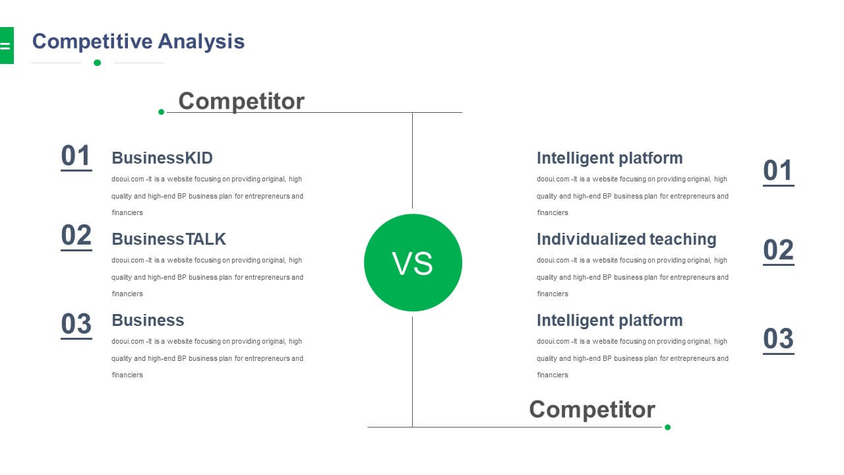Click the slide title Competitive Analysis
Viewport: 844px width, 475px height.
(x=138, y=42)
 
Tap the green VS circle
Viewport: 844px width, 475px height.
(x=413, y=263)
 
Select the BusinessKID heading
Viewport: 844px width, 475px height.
(x=162, y=158)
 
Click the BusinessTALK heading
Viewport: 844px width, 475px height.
(x=169, y=239)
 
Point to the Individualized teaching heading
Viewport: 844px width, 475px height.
(x=626, y=239)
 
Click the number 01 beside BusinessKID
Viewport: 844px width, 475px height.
(x=76, y=156)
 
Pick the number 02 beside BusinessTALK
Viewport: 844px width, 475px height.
(x=76, y=236)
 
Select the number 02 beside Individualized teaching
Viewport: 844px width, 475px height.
(x=779, y=250)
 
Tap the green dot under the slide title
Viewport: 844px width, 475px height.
(x=97, y=63)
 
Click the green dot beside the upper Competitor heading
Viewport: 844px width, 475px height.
(x=162, y=112)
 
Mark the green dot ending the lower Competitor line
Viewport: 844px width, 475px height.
(x=668, y=427)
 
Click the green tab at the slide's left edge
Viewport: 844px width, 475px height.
(x=7, y=46)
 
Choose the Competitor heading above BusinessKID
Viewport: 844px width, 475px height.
(x=241, y=101)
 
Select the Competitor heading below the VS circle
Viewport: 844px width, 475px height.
(x=592, y=410)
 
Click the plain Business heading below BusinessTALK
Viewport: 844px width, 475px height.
(x=148, y=320)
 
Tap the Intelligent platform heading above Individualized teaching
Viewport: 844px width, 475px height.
(x=610, y=158)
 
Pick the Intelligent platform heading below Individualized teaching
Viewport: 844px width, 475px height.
(x=610, y=320)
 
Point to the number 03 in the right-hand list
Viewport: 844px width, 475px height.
(x=779, y=339)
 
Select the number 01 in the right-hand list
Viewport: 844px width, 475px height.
(x=779, y=171)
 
